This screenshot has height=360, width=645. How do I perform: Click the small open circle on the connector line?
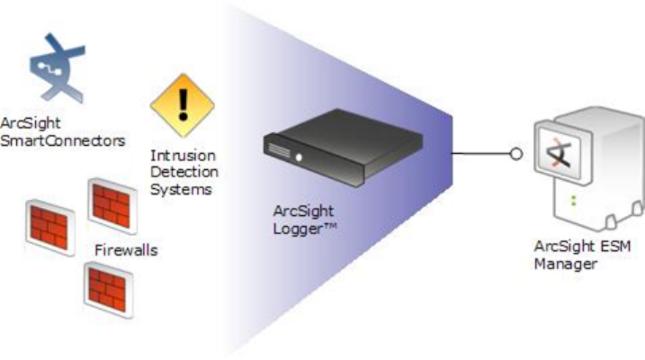pyautogui.click(x=515, y=154)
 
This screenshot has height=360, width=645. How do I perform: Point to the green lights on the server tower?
pyautogui.click(x=573, y=196)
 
